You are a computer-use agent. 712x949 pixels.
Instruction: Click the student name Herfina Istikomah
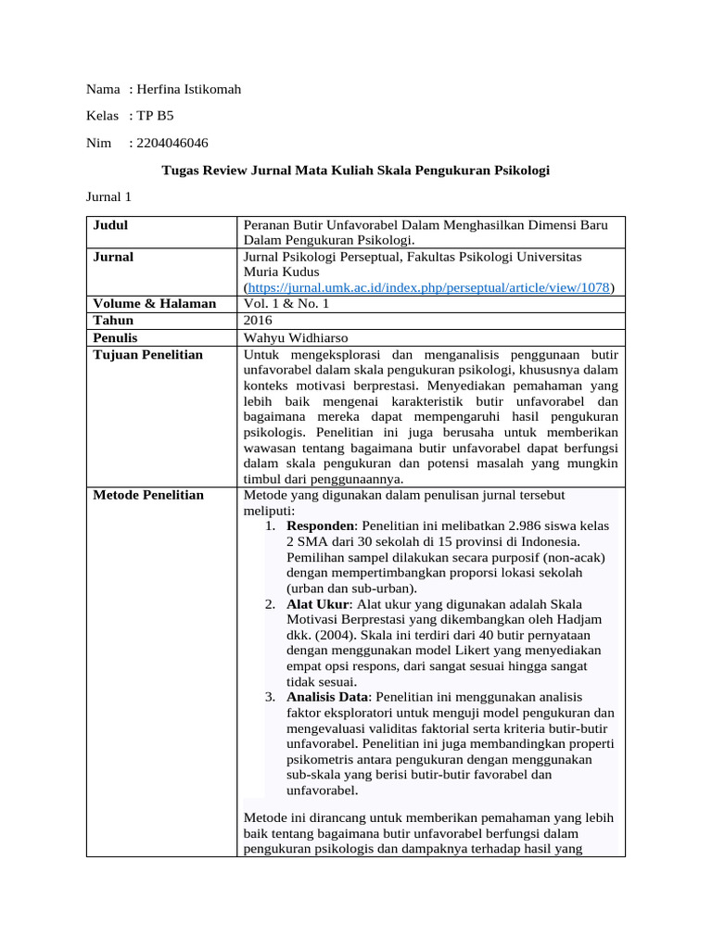(188, 89)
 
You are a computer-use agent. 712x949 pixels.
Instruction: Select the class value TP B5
(154, 116)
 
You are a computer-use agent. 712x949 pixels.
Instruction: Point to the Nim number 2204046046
(172, 143)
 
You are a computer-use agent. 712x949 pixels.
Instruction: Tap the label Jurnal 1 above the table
(109, 197)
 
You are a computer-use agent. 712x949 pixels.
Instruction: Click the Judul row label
(110, 225)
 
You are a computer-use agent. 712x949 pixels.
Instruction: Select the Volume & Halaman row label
(155, 304)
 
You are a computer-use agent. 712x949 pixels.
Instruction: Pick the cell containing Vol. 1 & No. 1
(286, 304)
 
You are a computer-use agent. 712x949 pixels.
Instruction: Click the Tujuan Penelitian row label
(148, 355)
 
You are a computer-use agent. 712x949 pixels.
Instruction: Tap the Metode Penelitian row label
(148, 495)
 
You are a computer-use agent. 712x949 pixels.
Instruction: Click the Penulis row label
(116, 338)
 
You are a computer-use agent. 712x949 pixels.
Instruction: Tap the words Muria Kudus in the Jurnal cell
(279, 272)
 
